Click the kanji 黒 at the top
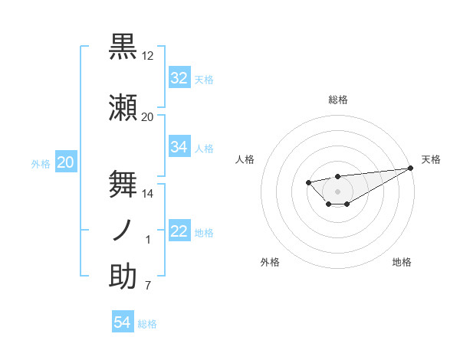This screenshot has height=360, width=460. (x=123, y=47)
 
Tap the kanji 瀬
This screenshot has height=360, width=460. (x=123, y=108)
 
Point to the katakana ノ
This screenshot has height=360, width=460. (x=123, y=231)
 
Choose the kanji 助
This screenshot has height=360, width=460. (x=123, y=277)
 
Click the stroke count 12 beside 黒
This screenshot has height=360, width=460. (x=148, y=55)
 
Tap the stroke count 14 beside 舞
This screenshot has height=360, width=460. (x=148, y=193)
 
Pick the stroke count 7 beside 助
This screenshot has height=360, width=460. (x=148, y=286)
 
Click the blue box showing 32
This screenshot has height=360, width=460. (x=179, y=78)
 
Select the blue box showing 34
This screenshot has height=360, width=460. (x=179, y=147)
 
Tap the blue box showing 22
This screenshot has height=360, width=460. (x=179, y=231)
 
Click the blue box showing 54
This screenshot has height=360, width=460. (x=123, y=322)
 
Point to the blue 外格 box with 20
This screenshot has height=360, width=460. (x=65, y=162)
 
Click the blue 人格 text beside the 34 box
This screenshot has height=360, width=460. (x=204, y=148)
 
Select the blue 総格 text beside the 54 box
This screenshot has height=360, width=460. (x=147, y=323)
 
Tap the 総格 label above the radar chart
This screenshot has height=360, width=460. (x=337, y=100)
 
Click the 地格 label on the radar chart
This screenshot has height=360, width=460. (x=402, y=262)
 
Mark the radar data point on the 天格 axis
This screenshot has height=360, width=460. (x=411, y=169)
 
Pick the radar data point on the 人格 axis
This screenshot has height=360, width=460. (x=308, y=182)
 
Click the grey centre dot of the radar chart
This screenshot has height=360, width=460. (x=337, y=191)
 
